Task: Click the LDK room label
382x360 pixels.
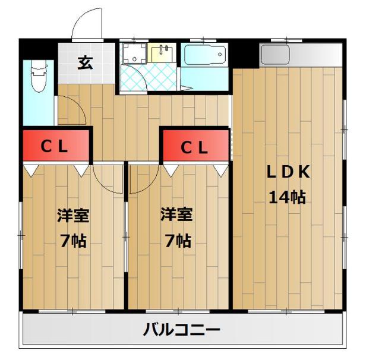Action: [288, 172]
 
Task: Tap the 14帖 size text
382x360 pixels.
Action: [287, 197]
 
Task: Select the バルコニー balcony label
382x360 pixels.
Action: [182, 329]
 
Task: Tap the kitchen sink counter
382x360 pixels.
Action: [300, 55]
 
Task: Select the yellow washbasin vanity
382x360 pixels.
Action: [163, 53]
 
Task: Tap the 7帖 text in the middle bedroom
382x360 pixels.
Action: [177, 241]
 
